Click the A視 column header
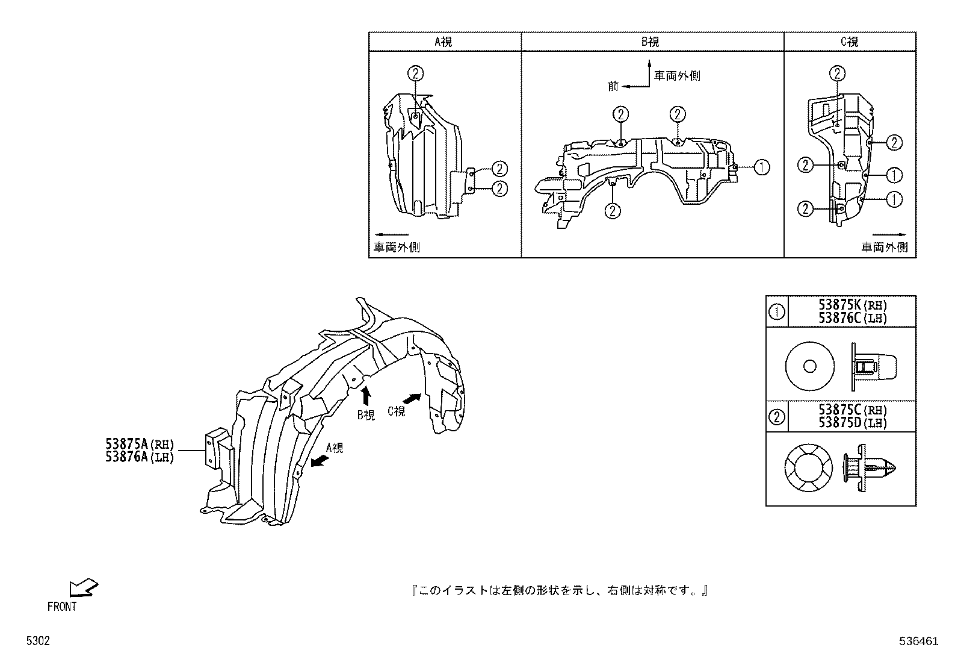pyautogui.click(x=443, y=42)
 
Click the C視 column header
pyautogui.click(x=849, y=42)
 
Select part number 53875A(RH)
pyautogui.click(x=139, y=445)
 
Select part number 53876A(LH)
pyautogui.click(x=139, y=457)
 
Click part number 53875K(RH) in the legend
pyautogui.click(x=853, y=305)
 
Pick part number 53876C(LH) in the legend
pyautogui.click(x=853, y=318)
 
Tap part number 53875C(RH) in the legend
pyautogui.click(x=853, y=410)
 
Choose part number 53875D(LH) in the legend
pyautogui.click(x=853, y=422)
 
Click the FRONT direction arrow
pyautogui.click(x=83, y=587)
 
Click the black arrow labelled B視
pyautogui.click(x=365, y=396)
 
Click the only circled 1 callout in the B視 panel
pyautogui.click(x=761, y=167)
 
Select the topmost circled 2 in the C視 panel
pyautogui.click(x=837, y=74)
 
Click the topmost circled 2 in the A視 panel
pyautogui.click(x=415, y=74)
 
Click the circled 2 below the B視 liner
pyautogui.click(x=613, y=210)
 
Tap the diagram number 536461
pyautogui.click(x=919, y=642)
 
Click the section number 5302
pyautogui.click(x=37, y=642)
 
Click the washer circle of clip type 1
pyautogui.click(x=810, y=366)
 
